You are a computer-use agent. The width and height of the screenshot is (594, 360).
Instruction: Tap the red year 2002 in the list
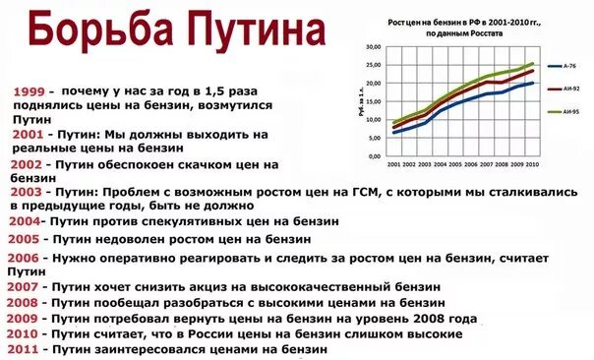[x=28, y=165]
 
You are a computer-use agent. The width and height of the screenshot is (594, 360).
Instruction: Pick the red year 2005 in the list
[x=24, y=238]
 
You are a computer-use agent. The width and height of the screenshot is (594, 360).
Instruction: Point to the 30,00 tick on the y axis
[x=373, y=46]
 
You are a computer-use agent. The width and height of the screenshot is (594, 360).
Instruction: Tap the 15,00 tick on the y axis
[x=373, y=101]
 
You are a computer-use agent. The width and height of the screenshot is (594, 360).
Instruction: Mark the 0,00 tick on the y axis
[x=375, y=155]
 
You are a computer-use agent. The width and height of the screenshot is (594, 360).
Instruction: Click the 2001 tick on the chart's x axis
[x=394, y=164]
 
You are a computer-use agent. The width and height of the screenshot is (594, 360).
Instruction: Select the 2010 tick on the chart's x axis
[x=532, y=164]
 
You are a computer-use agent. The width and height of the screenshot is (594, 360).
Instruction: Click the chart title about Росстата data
[x=459, y=27]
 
